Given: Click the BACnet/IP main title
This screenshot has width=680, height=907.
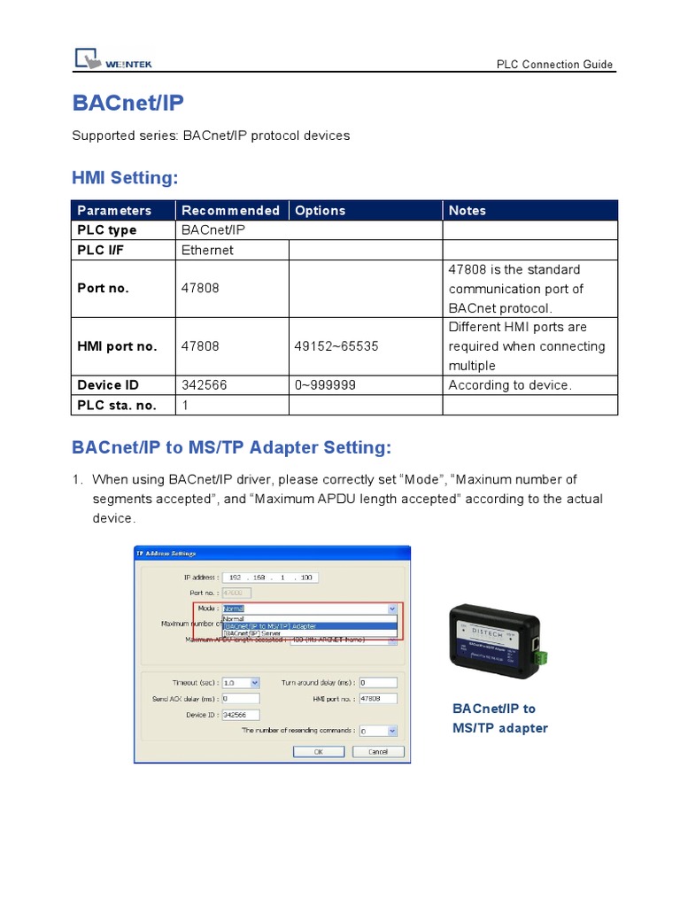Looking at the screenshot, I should point(128,104).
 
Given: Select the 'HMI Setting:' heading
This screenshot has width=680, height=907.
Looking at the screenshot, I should point(125,178).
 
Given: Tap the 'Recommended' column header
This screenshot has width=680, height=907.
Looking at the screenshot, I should point(230,211).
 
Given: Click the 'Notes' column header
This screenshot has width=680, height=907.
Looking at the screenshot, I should point(467,211).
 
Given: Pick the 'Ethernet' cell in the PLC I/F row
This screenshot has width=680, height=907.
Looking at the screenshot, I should point(207,250).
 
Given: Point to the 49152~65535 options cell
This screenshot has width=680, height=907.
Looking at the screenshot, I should point(336,346).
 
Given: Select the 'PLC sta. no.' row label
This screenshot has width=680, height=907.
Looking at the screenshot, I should point(117,405).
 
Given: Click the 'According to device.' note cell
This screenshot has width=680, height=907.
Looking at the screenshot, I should point(510,385).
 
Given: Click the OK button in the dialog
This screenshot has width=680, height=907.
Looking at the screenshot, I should point(318,751).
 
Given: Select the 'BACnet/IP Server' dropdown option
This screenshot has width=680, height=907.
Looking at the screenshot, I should point(257,634).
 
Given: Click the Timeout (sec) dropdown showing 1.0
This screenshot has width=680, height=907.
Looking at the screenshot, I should point(241,683).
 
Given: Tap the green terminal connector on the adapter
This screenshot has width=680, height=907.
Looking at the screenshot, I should point(539,658).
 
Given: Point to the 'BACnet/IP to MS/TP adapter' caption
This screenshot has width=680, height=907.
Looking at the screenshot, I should point(499,718).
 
